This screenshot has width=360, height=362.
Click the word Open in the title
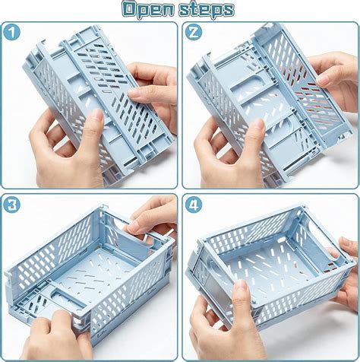(150, 10)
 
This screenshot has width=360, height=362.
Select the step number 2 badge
(193, 33)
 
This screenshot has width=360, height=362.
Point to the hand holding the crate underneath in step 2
(228, 152)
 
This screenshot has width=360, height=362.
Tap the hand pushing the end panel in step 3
(57, 335)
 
